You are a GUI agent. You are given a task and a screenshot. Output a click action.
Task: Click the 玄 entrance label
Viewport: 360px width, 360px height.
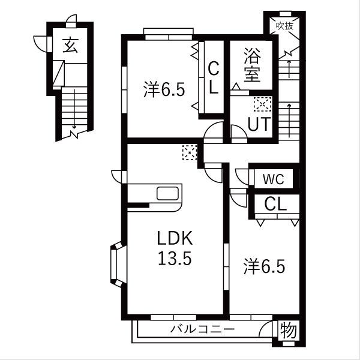point(70,45)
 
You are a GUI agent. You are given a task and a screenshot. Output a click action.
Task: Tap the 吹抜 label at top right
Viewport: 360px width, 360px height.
point(284,26)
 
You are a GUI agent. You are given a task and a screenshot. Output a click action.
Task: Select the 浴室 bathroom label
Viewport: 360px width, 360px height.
point(252,65)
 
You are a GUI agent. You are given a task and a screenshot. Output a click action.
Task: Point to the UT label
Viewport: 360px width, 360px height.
point(259,124)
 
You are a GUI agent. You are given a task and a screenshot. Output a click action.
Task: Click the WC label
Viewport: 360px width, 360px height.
point(274,179)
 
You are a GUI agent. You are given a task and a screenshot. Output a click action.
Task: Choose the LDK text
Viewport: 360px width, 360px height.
point(175,238)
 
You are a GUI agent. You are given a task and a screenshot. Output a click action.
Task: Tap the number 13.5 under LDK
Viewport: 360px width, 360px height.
point(175,258)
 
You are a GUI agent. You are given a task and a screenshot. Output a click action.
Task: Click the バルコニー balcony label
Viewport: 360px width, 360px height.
point(203,329)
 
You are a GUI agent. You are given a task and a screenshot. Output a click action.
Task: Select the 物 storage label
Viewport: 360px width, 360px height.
point(289,330)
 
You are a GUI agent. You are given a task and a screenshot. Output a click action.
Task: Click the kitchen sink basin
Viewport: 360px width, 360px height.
point(167,193)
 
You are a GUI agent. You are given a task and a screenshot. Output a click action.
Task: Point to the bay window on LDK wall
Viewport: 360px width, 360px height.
point(118,264)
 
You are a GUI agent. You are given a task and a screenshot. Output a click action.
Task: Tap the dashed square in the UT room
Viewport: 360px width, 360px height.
point(263,104)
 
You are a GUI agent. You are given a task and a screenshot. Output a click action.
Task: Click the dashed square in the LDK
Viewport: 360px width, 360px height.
point(190,152)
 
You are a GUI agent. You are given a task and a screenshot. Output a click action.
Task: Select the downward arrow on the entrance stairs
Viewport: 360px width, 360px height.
point(74,109)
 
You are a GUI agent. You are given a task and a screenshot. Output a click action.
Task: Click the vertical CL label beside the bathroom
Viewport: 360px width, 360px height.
point(214,78)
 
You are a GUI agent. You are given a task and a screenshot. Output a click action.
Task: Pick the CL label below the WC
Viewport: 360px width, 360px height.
point(275,204)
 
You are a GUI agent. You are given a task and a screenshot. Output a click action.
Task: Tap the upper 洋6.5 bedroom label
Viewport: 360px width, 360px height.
point(164,89)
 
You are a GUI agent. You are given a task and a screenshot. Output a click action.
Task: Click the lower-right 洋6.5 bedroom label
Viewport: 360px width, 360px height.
point(264,266)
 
